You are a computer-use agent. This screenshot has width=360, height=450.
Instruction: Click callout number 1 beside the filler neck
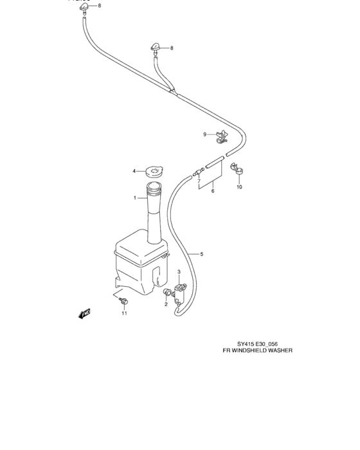coord(135,198)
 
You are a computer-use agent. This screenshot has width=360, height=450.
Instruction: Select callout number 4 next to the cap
coord(134,171)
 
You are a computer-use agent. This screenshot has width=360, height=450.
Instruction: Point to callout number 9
coord(206,134)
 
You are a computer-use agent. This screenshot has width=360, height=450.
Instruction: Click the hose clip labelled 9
coord(222,135)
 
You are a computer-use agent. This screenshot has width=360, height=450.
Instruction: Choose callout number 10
coord(239,187)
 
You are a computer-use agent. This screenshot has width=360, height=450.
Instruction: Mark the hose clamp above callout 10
coord(237,170)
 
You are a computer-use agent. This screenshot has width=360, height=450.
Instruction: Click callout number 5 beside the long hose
coord(201,255)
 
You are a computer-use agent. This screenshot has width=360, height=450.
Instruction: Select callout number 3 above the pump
coord(179,273)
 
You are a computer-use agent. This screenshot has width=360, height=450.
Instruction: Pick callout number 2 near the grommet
coord(165,304)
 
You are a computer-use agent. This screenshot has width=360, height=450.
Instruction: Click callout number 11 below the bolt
coord(125,314)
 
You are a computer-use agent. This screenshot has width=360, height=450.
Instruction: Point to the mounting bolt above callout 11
coord(125,301)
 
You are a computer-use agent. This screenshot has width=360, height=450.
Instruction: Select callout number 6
coord(212,191)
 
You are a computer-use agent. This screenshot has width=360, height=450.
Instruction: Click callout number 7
coord(200,182)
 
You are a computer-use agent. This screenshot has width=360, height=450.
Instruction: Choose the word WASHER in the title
coord(281,351)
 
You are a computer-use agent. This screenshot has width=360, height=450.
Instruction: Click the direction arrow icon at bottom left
coord(84,313)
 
